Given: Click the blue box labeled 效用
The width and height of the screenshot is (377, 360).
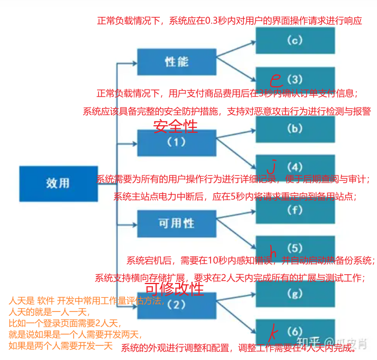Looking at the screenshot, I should (x=58, y=184).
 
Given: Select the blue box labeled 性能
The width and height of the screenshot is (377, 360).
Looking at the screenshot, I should (x=176, y=61).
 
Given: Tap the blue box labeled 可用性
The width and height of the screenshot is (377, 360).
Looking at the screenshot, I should (x=176, y=223).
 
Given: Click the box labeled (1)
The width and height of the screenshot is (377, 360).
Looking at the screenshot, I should (x=176, y=143).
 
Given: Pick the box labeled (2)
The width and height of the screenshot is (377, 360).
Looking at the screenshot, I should (x=176, y=304).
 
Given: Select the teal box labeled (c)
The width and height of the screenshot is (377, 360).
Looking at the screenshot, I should (x=295, y=40).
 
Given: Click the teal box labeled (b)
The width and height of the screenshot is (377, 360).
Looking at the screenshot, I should (x=295, y=129).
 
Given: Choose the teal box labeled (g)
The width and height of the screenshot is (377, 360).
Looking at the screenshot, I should (x=295, y=294).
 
